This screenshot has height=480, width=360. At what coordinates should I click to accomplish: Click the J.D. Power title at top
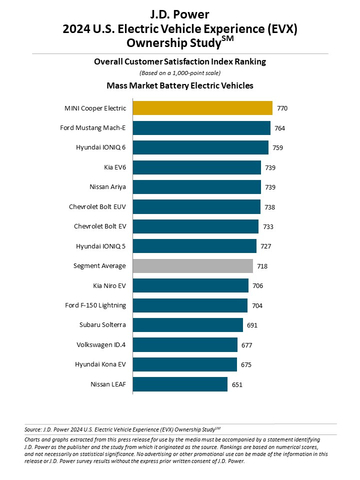click(x=180, y=13)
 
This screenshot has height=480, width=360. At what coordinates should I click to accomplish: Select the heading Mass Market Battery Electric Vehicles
click(x=180, y=86)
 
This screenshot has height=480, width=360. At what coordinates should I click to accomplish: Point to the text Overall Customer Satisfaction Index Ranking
click(x=180, y=60)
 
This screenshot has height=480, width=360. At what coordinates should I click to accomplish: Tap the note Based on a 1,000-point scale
click(x=180, y=73)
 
